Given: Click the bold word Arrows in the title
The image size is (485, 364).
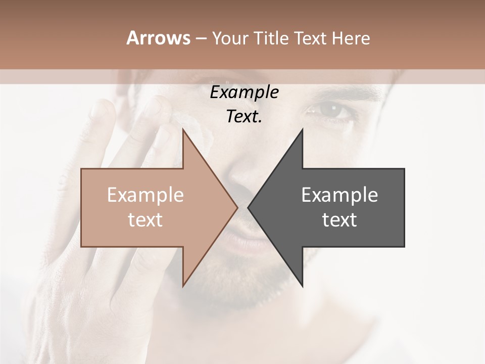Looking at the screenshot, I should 159,38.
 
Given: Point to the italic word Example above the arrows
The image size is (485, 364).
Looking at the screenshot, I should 245,93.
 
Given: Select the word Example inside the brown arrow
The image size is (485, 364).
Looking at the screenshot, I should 145,195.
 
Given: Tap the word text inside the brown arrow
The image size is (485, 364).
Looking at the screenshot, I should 145,220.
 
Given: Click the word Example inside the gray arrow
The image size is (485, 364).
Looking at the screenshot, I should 339,195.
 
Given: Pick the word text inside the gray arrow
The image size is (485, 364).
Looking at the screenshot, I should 339,220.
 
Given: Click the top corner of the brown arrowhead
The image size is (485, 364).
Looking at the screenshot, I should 183,129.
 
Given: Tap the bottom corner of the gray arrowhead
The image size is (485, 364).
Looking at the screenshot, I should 302,286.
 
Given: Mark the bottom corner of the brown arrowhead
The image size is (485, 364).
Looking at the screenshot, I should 183,286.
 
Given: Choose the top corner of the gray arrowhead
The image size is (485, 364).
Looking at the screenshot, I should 302,129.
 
